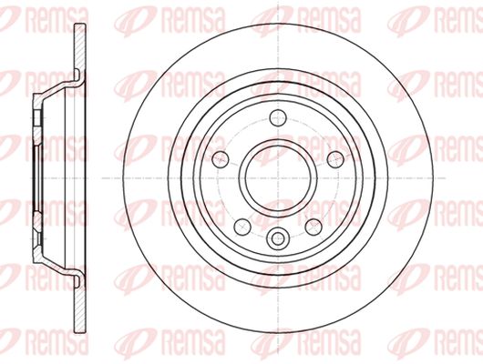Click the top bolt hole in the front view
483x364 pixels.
278,118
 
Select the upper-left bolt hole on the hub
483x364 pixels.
221,159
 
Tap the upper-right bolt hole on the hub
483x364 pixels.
335,159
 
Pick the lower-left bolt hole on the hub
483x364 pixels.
242,227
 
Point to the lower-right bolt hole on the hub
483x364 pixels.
313,227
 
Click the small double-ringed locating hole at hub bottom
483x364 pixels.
278,238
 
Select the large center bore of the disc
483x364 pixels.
278,177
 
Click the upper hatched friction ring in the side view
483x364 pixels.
80,49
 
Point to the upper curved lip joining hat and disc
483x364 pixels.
78,76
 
